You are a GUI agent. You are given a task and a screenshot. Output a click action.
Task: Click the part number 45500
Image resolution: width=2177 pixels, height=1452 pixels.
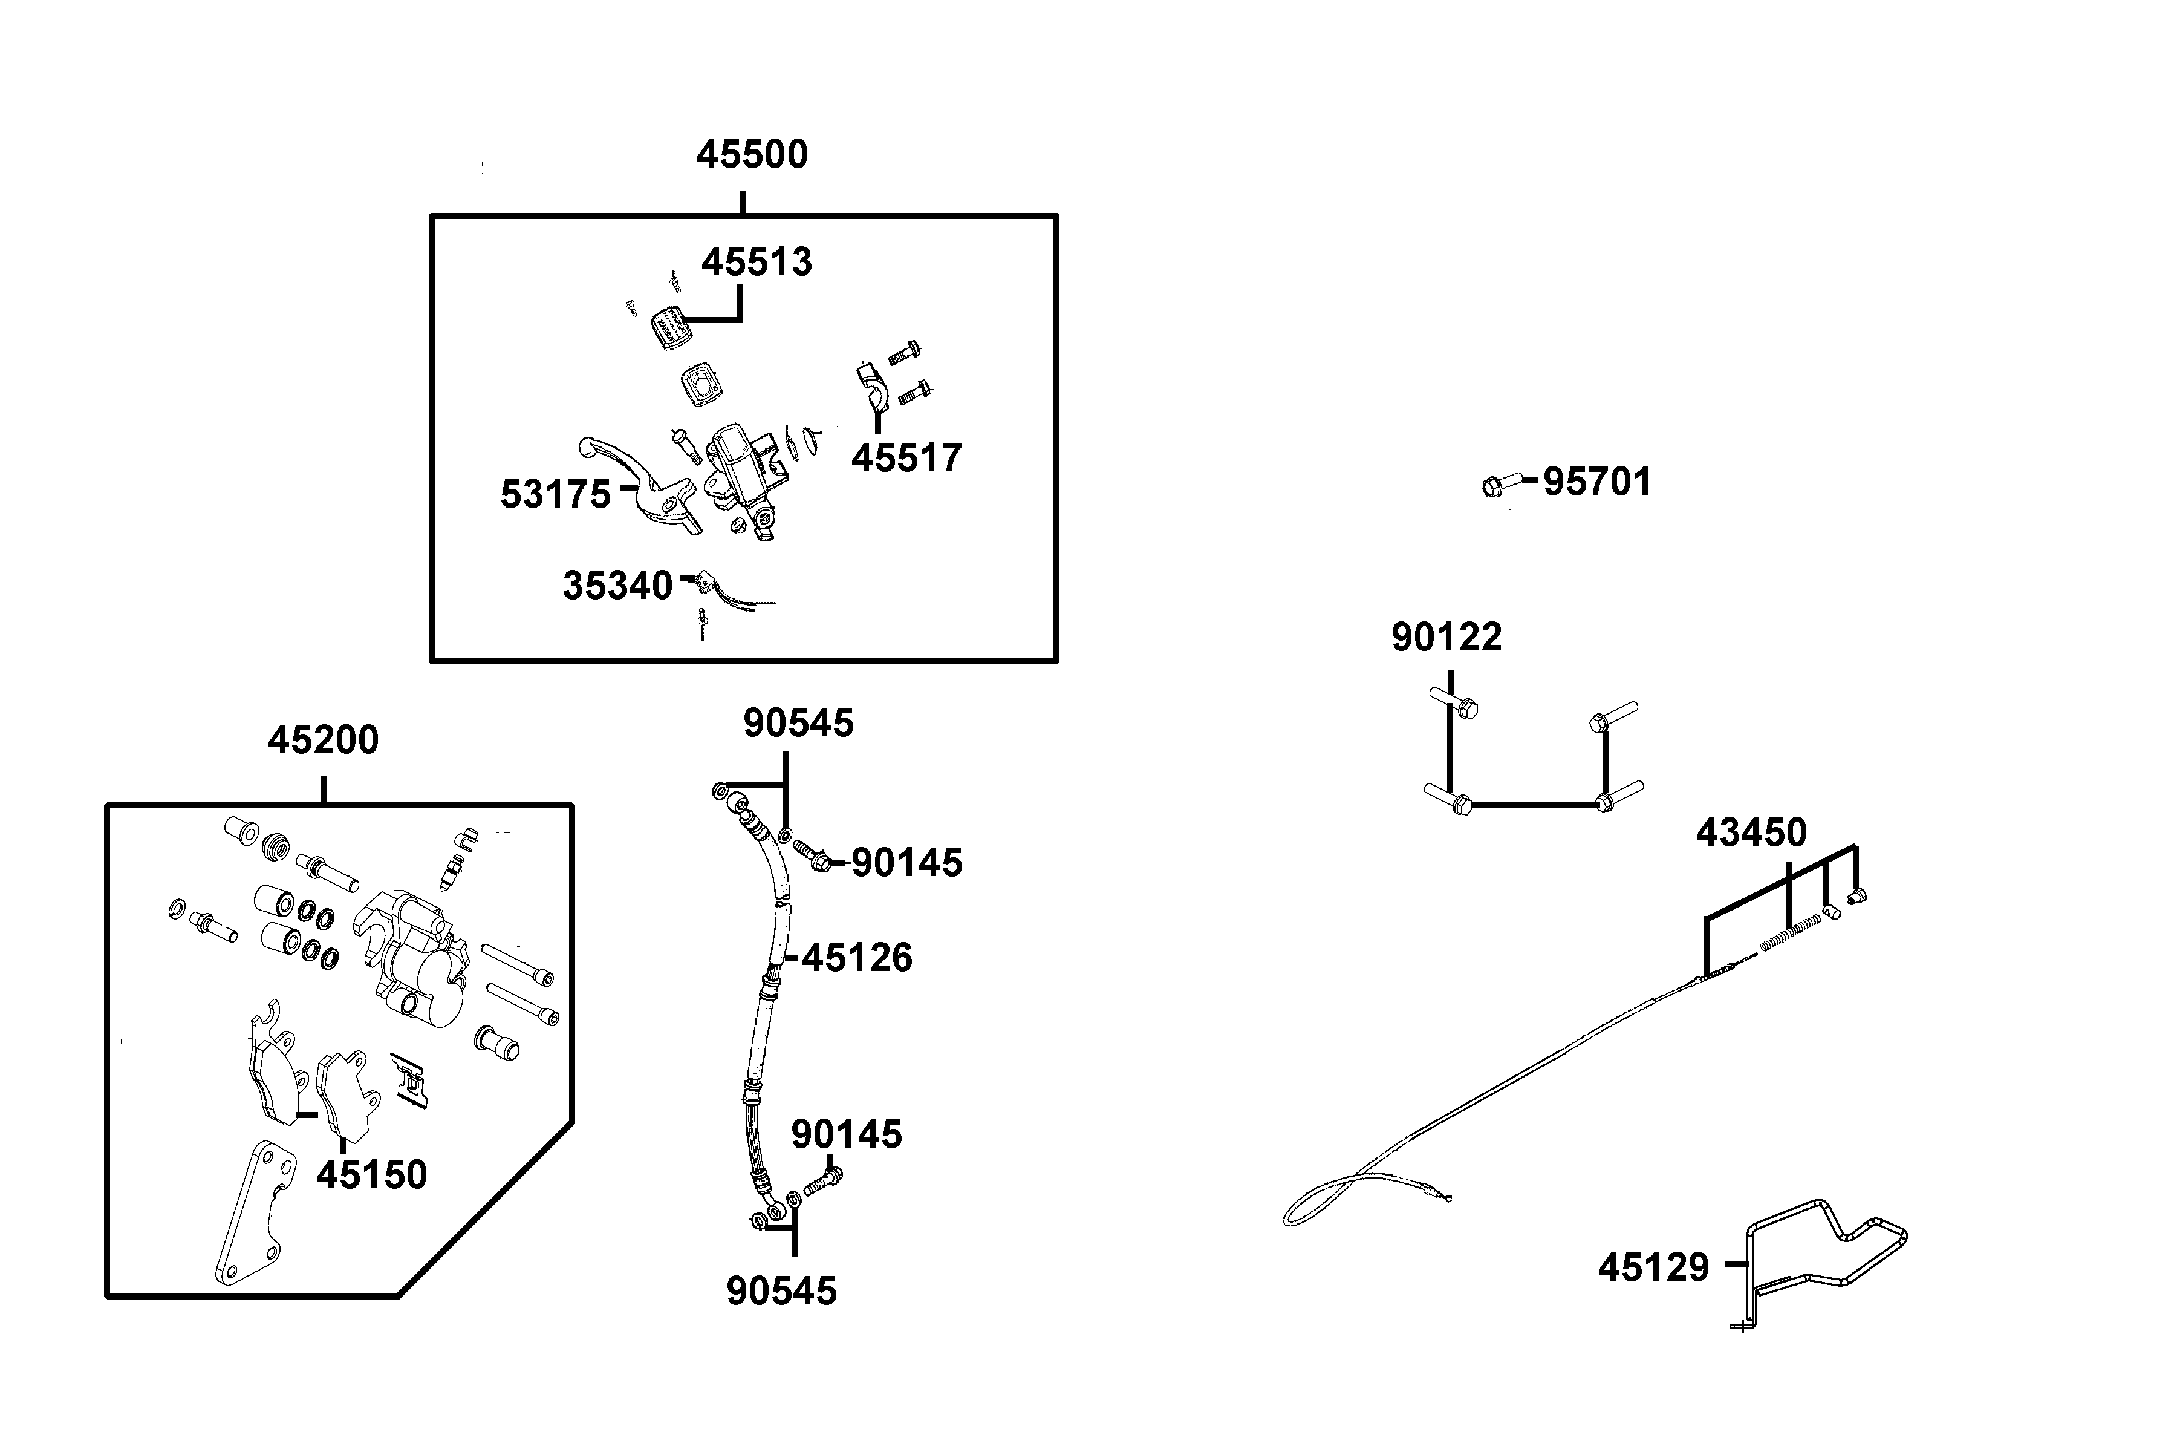[x=752, y=155]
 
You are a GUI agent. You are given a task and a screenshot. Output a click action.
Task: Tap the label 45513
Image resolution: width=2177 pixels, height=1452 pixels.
[x=757, y=263]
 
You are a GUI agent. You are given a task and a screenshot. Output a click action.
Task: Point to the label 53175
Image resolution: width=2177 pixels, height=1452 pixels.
[x=555, y=495]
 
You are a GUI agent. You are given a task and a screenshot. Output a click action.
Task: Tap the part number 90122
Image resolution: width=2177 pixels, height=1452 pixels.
[x=1446, y=638]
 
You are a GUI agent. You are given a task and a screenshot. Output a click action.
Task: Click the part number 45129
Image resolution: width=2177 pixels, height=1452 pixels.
[x=1653, y=1267]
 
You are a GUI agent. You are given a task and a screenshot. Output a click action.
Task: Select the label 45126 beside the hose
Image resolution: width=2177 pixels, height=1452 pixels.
[x=857, y=958]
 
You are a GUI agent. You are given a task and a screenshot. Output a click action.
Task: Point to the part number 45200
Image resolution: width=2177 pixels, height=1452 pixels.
[x=323, y=741]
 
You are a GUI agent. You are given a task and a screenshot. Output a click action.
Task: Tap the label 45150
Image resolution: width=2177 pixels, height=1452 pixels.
[x=371, y=1175]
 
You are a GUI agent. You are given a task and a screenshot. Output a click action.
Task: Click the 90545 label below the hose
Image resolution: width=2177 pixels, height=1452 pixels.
[x=781, y=1292]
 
